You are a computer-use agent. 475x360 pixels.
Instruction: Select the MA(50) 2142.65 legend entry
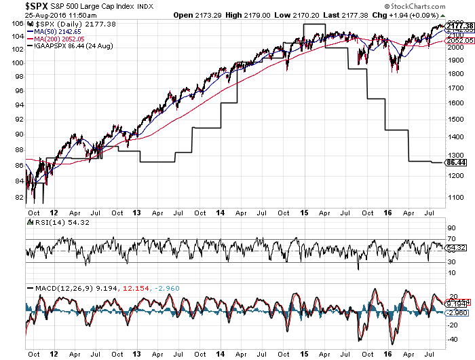click(x=55, y=31)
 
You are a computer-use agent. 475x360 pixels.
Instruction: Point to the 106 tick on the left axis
click(x=16, y=24)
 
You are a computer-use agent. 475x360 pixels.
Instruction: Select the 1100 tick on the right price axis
click(x=454, y=196)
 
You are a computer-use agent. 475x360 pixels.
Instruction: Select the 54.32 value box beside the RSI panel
click(x=455, y=249)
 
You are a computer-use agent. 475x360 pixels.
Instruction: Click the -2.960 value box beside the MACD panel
click(x=455, y=313)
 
